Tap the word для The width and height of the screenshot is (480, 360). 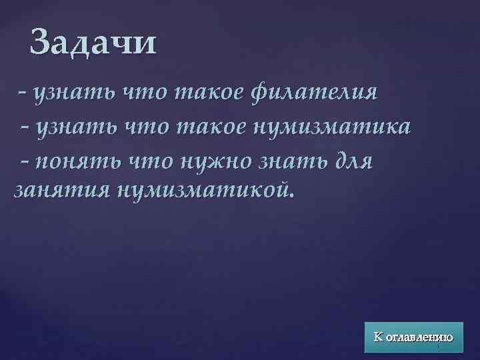point(350,160)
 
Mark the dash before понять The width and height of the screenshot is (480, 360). point(26,159)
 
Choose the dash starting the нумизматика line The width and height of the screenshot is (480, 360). point(26,125)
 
